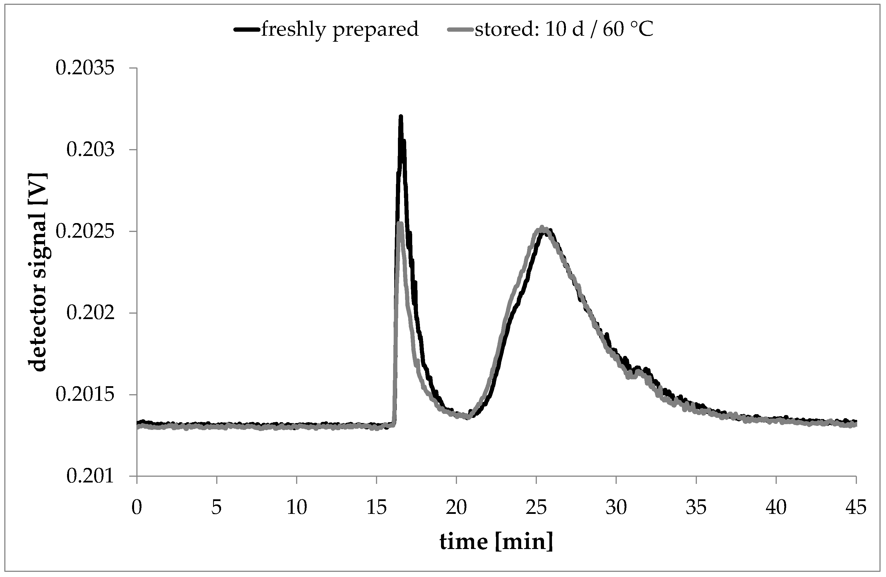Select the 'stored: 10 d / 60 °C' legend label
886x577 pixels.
564,29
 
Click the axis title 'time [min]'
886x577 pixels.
496,542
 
